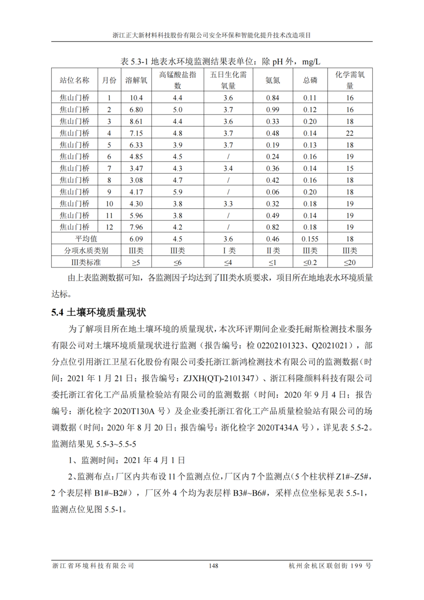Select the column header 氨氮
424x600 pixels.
coord(273,80)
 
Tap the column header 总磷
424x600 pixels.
coord(310,80)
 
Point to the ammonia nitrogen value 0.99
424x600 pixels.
coord(273,110)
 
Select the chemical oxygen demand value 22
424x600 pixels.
coord(350,133)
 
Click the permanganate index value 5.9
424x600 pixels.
coord(177,192)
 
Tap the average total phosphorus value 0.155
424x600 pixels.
coord(310,239)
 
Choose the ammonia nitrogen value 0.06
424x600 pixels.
coord(273,192)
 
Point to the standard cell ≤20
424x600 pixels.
coord(350,262)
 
